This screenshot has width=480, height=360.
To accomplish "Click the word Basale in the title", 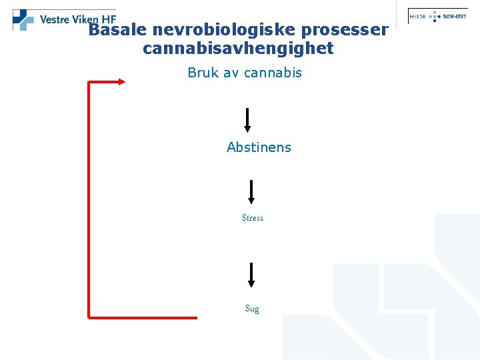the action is pyautogui.click(x=117, y=31).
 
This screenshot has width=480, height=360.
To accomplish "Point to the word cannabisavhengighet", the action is pyautogui.click(x=238, y=49).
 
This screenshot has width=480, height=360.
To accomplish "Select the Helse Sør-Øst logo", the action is pyautogui.click(x=437, y=16).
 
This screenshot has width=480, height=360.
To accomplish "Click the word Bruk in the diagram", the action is pyautogui.click(x=203, y=73).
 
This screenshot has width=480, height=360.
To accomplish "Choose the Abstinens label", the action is pyautogui.click(x=259, y=147).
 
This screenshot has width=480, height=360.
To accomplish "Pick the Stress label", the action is pyautogui.click(x=253, y=218).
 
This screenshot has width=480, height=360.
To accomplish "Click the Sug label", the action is pyautogui.click(x=252, y=309).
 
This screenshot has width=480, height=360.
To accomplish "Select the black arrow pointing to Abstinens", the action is pyautogui.click(x=247, y=120).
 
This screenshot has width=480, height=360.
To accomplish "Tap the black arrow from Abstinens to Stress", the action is pyautogui.click(x=251, y=191).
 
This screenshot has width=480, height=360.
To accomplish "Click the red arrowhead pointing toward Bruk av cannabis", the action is pyautogui.click(x=121, y=81).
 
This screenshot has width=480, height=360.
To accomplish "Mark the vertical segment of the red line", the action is pyautogui.click(x=89, y=200).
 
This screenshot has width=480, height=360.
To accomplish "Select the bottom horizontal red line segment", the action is pyautogui.click(x=143, y=317).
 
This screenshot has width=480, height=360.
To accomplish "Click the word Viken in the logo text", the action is pyautogui.click(x=88, y=19).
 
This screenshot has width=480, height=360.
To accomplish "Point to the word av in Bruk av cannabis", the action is pyautogui.click(x=231, y=73).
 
